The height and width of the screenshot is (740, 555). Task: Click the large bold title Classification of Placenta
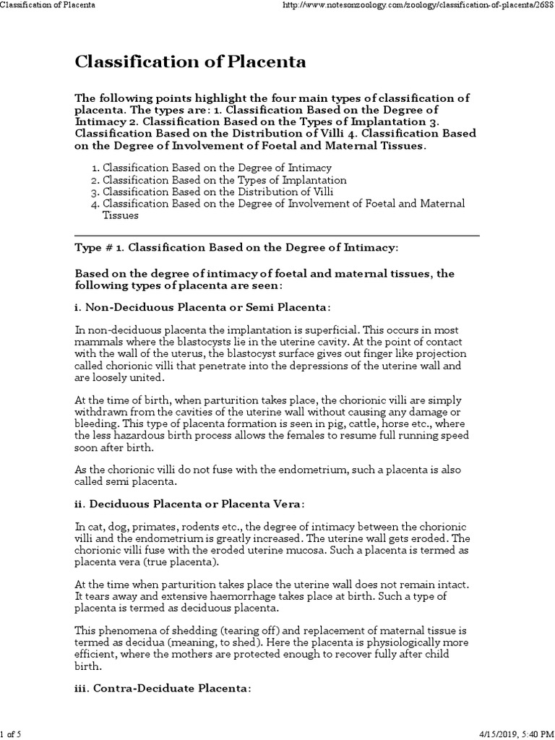tap(191, 62)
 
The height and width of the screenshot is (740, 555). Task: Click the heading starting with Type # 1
tap(236, 247)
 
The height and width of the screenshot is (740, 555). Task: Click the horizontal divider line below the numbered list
tap(277, 235)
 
